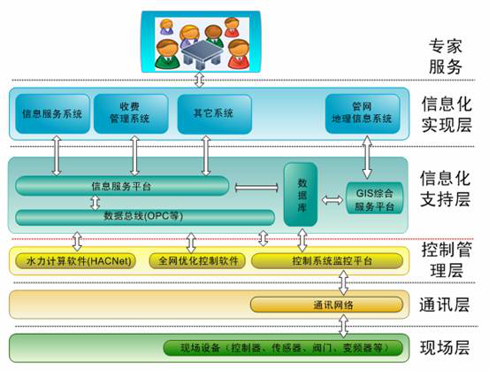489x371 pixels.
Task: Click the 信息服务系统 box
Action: click(52, 113)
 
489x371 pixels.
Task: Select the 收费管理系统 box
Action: click(131, 113)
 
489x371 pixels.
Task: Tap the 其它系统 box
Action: click(214, 113)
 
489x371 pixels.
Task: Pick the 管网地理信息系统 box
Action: click(363, 113)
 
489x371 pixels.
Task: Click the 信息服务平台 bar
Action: click(122, 186)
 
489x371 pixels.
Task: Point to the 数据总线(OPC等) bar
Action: click(145, 217)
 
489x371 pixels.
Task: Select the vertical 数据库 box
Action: click(301, 195)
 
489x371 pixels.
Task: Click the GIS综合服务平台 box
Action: click(375, 198)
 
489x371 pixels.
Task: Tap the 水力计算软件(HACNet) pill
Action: click(76, 261)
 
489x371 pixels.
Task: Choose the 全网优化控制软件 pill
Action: click(197, 261)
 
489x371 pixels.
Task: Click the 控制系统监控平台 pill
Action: click(327, 261)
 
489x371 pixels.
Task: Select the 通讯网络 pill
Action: click(326, 305)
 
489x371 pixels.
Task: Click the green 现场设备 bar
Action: click(283, 348)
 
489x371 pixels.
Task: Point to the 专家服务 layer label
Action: click(445, 57)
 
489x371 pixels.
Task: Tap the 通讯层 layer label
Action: click(444, 305)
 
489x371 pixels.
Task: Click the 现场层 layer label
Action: click(445, 348)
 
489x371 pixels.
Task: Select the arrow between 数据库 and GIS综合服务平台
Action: click(332, 200)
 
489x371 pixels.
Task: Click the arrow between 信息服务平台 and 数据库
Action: click(256, 188)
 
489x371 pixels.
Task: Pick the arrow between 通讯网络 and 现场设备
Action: click(343, 326)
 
